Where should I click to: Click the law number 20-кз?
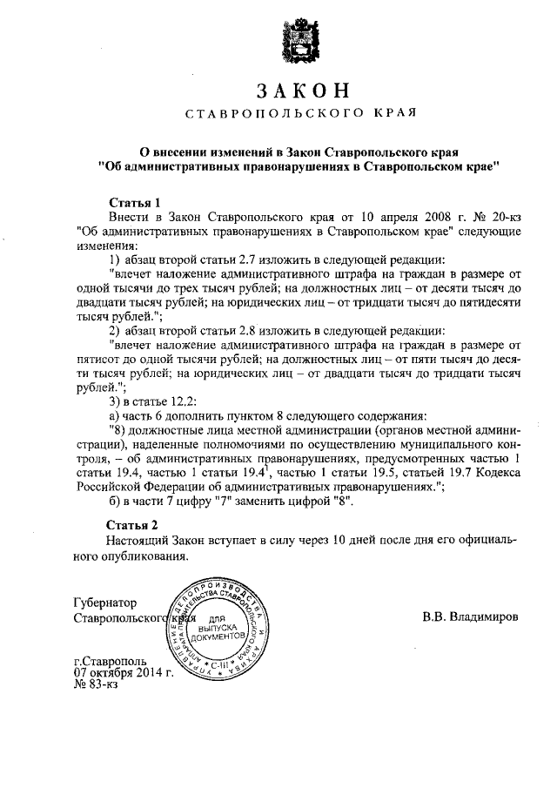click(x=502, y=217)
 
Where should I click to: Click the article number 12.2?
click(x=185, y=401)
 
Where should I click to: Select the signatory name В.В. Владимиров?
click(x=470, y=616)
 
